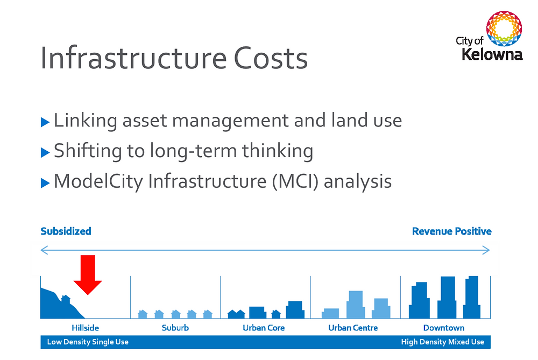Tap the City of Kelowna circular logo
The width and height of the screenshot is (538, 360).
coord(504,30)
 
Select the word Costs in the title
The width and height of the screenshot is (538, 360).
coord(271,58)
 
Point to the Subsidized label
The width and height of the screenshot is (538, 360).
coord(66,231)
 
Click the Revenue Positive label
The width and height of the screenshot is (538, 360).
coord(451,231)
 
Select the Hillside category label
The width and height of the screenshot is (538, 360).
coord(86,328)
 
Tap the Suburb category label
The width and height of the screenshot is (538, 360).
coord(175,328)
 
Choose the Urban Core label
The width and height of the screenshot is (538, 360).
coord(264,328)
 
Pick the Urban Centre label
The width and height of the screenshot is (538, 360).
coord(353,328)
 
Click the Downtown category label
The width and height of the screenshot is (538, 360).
coord(444,328)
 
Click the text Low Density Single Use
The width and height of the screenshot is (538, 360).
coord(88,342)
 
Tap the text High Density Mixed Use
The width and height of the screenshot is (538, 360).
coord(442,342)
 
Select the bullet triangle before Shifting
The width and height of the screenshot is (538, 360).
coord(45,153)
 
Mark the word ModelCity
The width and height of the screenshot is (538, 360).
coord(98,181)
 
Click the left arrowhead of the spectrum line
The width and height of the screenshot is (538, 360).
coord(44,250)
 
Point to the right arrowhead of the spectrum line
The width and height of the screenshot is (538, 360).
coord(487,250)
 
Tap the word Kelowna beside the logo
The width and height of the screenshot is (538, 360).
coord(492,54)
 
